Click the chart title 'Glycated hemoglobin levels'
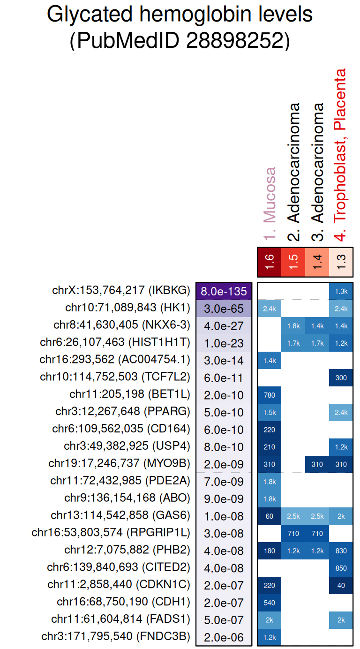pyautogui.click(x=180, y=15)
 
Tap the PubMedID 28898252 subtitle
pyautogui.click(x=180, y=41)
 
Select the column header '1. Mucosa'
pyautogui.click(x=270, y=204)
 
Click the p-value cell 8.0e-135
pyautogui.click(x=224, y=291)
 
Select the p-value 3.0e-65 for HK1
pyautogui.click(x=224, y=309)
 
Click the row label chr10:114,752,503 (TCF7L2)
pyautogui.click(x=115, y=377)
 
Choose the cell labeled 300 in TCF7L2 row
pyautogui.click(x=341, y=377)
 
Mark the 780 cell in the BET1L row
pyautogui.click(x=270, y=395)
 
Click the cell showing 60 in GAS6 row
pyautogui.click(x=270, y=516)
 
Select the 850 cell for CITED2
pyautogui.click(x=341, y=568)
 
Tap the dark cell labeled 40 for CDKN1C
pyautogui.click(x=341, y=585)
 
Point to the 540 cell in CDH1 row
pyautogui.click(x=270, y=603)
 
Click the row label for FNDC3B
pyautogui.click(x=116, y=637)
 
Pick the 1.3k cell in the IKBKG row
pyautogui.click(x=341, y=291)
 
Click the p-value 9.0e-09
pyautogui.click(x=224, y=499)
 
